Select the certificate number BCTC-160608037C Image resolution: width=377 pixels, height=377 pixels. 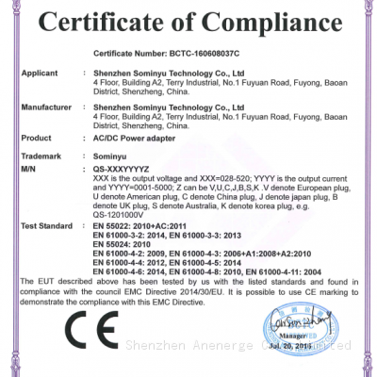click(225, 57)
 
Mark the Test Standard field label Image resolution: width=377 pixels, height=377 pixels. click(46, 226)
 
